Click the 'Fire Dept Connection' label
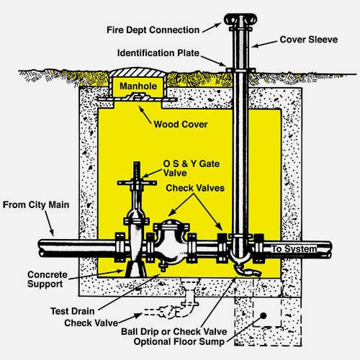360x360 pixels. click(153, 30)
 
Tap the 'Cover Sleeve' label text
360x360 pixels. click(309, 40)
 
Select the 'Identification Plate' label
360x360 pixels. click(158, 53)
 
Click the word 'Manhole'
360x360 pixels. click(138, 86)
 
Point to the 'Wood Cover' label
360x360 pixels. click(181, 125)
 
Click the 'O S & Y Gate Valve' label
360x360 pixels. click(192, 168)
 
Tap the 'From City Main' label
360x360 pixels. click(36, 204)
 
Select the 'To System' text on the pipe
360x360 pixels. click(294, 249)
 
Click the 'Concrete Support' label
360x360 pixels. click(48, 279)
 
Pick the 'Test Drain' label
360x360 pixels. click(73, 311)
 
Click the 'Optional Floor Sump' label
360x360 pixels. click(179, 341)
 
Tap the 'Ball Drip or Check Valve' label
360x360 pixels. click(174, 331)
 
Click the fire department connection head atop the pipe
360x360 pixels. click(240, 20)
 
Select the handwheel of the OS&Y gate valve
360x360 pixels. click(137, 183)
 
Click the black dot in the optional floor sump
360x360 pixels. click(264, 316)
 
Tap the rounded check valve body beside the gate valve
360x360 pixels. click(171, 243)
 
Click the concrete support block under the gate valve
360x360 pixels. click(135, 269)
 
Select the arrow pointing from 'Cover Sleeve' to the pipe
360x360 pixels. click(264, 44)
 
